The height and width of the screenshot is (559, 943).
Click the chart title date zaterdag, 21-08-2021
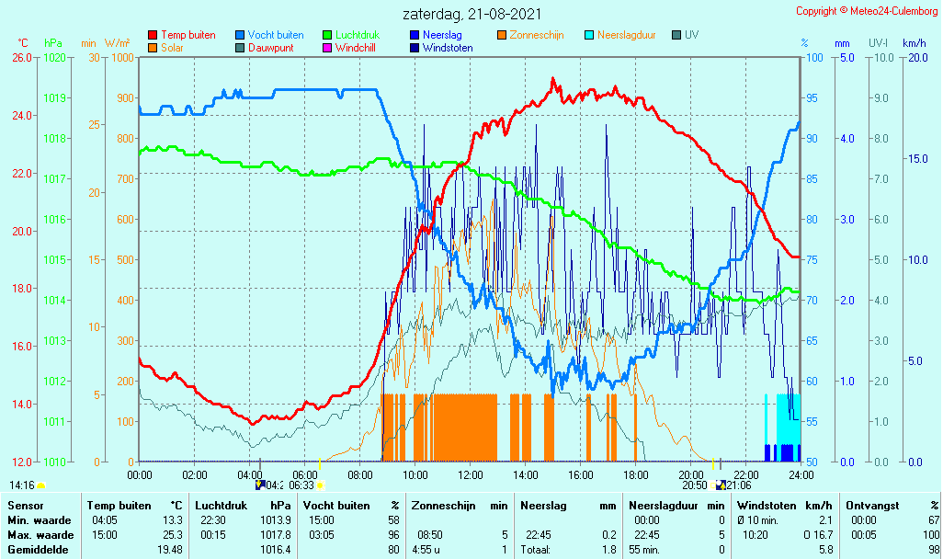(x=471, y=14)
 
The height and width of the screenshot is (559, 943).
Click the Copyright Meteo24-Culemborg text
(x=867, y=11)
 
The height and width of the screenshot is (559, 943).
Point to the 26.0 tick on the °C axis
(x=22, y=57)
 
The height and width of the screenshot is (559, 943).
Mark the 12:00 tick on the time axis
(x=471, y=474)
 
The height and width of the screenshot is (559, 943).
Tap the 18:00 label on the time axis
(x=636, y=474)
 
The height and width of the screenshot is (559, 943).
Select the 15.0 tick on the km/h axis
(x=918, y=159)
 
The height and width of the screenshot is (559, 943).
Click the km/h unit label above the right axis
(x=915, y=43)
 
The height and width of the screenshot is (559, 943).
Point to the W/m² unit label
(x=118, y=43)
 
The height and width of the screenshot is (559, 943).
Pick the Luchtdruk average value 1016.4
(x=276, y=550)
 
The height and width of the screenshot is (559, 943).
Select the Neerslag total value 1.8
(x=609, y=550)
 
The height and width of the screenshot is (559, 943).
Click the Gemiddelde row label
(x=38, y=550)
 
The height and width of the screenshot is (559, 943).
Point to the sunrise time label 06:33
(x=301, y=485)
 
